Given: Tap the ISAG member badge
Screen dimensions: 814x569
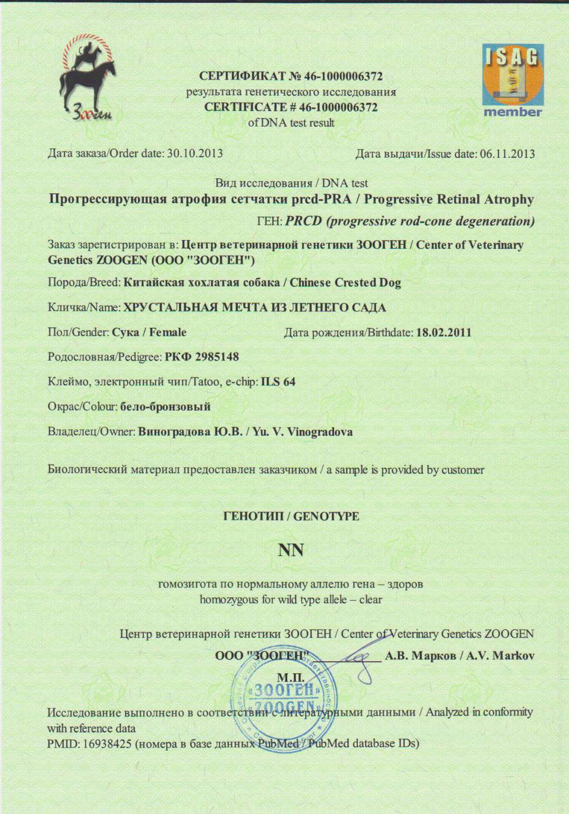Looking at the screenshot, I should pyautogui.click(x=512, y=81).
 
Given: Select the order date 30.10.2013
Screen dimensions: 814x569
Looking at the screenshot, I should pyautogui.click(x=195, y=153).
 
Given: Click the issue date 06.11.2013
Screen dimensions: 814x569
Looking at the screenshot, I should pyautogui.click(x=507, y=153).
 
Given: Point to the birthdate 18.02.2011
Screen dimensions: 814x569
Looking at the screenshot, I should pyautogui.click(x=443, y=332).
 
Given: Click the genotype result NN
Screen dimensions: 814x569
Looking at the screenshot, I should pyautogui.click(x=291, y=550).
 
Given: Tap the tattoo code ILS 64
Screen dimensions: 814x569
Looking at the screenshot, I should pyautogui.click(x=278, y=382).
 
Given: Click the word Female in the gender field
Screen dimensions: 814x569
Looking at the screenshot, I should pyautogui.click(x=168, y=332).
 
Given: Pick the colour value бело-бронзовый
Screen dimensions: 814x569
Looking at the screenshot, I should pyautogui.click(x=166, y=407).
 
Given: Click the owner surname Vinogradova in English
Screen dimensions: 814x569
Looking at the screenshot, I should pyautogui.click(x=320, y=432).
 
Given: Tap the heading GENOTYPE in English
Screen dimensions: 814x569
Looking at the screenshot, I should pyautogui.click(x=326, y=516).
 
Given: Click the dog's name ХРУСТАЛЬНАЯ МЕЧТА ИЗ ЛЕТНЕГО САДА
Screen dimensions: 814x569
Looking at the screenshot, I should pyautogui.click(x=254, y=307).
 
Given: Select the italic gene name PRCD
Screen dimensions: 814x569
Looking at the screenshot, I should pyautogui.click(x=304, y=221).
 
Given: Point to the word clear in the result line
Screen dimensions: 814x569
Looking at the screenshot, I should pyautogui.click(x=371, y=600).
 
